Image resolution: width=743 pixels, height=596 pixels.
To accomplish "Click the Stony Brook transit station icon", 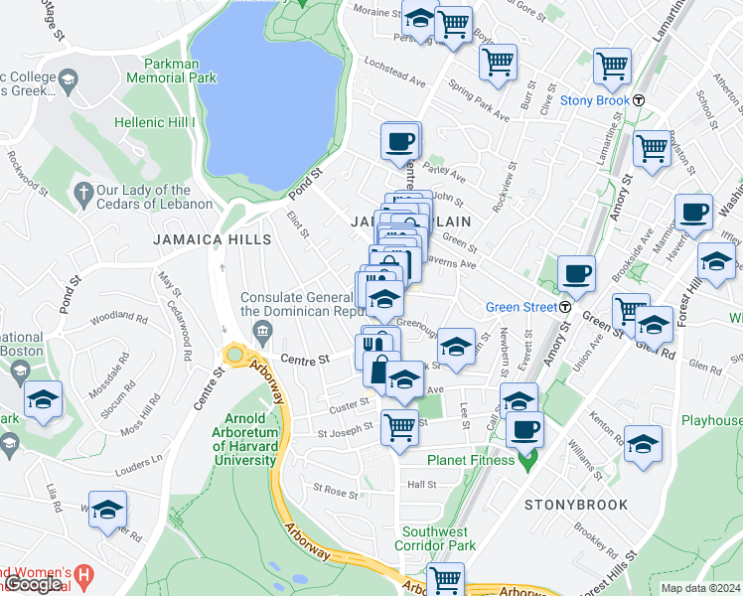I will pyautogui.click(x=641, y=100).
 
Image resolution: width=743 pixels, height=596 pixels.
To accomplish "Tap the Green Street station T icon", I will pyautogui.click(x=563, y=307).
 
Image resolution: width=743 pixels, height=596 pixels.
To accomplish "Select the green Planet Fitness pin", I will pyautogui.click(x=528, y=460).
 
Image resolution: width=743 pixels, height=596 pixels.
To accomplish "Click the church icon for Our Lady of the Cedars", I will pyautogui.click(x=84, y=190).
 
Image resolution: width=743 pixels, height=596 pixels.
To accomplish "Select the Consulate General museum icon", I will pyautogui.click(x=262, y=330).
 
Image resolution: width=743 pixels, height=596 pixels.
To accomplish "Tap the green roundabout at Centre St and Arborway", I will pyautogui.click(x=235, y=355).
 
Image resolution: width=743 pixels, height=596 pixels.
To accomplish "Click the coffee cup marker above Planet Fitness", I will pyautogui.click(x=524, y=430).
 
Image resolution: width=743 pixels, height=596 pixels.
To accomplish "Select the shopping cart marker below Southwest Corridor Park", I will pyautogui.click(x=446, y=578).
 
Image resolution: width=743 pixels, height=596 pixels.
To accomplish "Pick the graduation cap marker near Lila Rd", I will pyautogui.click(x=107, y=509).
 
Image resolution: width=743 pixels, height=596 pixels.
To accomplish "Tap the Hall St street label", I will pyautogui.click(x=421, y=484).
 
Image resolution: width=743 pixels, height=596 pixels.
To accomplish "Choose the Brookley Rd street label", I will pyautogui.click(x=596, y=541).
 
